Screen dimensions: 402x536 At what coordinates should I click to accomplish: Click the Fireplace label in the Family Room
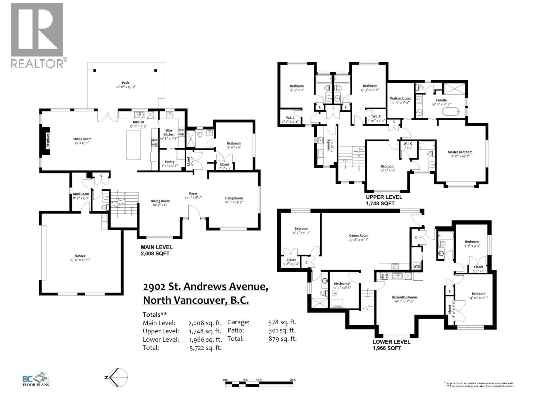[x=48, y=141]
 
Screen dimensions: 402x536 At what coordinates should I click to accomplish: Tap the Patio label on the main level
[x=126, y=83]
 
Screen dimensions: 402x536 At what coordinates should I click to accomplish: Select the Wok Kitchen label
[x=169, y=132]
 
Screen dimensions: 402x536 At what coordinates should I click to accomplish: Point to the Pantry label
[x=170, y=162]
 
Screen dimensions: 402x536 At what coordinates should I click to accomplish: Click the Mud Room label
[x=81, y=194]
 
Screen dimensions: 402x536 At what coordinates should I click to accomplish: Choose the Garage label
[x=80, y=256]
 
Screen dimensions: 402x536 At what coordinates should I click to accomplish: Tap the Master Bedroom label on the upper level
[x=460, y=152]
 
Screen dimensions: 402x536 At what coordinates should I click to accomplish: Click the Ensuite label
[x=441, y=100]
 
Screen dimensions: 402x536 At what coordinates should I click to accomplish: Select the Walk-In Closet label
[x=400, y=98]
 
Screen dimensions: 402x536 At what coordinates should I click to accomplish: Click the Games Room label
[x=358, y=236]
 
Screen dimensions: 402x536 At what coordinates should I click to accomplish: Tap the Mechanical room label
[x=342, y=284]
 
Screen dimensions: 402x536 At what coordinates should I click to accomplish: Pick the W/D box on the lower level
[x=417, y=267]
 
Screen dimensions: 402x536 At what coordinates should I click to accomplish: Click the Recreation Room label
[x=404, y=297]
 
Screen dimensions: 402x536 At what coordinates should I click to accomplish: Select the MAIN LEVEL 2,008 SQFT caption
[x=156, y=250]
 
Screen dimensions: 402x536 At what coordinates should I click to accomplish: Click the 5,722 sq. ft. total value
[x=205, y=348]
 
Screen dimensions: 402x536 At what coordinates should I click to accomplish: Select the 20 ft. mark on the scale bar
[x=293, y=380]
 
